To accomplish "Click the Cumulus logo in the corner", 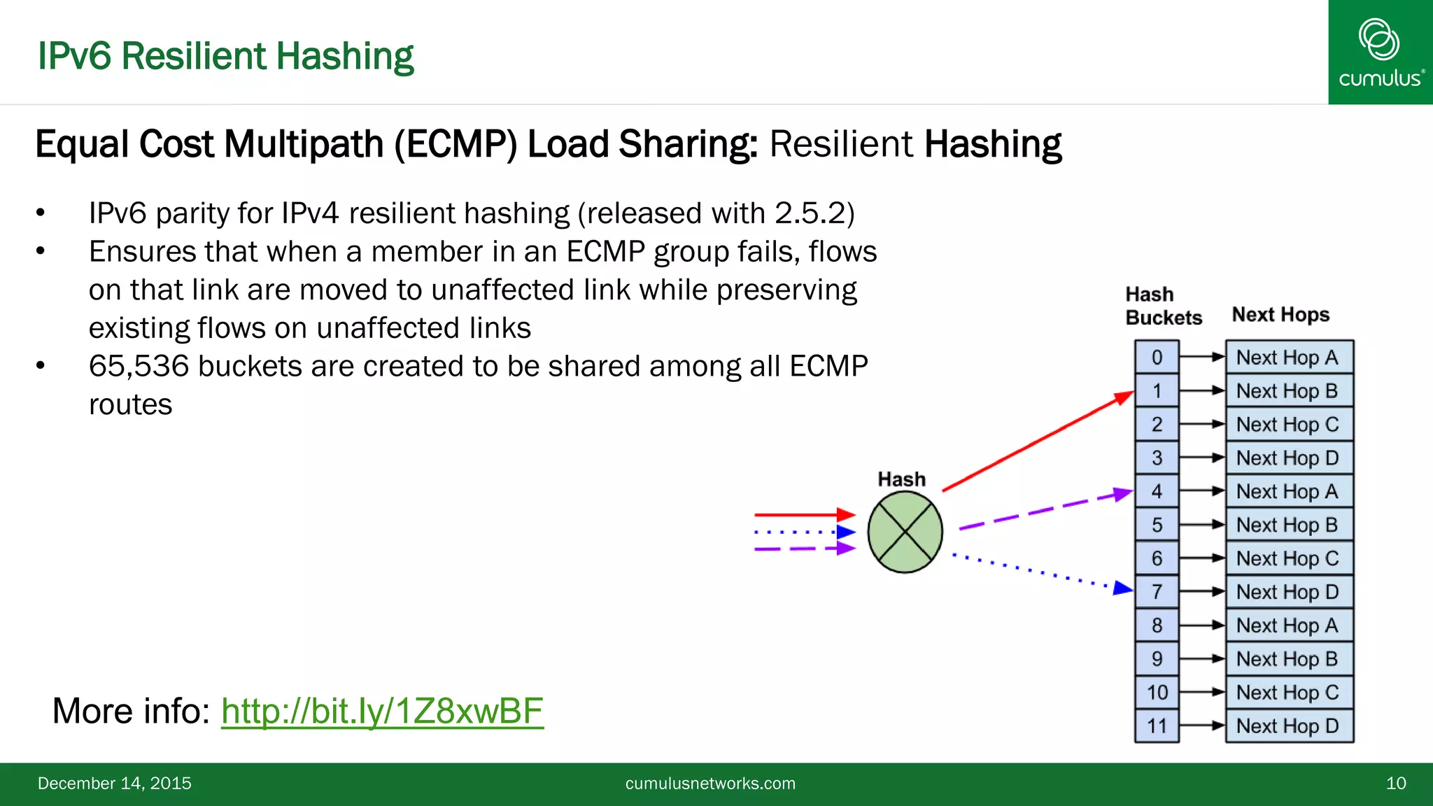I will click(1380, 52).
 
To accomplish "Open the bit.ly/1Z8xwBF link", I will click(382, 711).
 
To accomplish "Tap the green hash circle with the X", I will click(905, 532).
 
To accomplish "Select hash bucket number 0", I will click(1157, 358).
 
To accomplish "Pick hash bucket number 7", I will click(1157, 592).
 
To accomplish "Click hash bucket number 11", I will click(1157, 726).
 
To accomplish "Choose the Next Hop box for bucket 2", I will click(1289, 425).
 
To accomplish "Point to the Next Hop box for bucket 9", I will click(1289, 659).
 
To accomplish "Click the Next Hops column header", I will click(1280, 315).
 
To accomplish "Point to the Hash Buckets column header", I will click(1163, 306).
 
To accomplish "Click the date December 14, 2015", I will click(115, 784).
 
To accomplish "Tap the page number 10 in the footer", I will click(1395, 784).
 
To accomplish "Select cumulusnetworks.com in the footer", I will click(710, 784).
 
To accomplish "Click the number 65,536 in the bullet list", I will click(139, 367).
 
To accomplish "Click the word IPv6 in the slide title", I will click(74, 56).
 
